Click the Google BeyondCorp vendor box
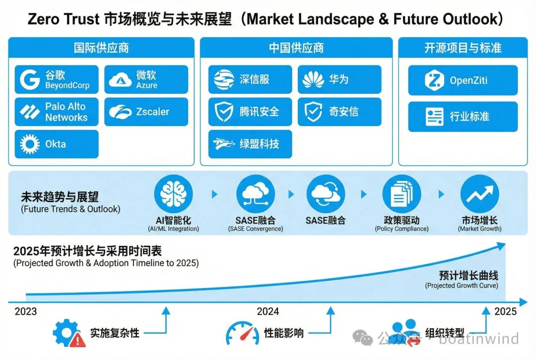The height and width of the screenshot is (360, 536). (56, 79)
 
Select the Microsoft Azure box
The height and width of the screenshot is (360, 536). (146, 79)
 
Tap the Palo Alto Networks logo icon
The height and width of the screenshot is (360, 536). (30, 112)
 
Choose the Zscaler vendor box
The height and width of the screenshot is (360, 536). (146, 112)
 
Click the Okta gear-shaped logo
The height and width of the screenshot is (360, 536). (30, 144)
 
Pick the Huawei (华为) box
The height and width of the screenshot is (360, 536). (339, 79)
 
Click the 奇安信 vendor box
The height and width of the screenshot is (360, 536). (339, 112)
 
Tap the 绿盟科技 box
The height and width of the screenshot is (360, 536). (250, 144)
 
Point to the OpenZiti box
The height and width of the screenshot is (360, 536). (463, 80)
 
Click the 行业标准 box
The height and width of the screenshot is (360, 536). (463, 117)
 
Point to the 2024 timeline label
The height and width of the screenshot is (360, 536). (268, 312)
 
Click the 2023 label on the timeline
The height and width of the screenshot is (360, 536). (26, 312)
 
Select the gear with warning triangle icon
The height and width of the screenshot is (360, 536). (69, 333)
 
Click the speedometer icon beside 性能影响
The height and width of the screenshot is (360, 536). (242, 333)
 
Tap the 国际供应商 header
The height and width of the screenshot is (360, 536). (101, 48)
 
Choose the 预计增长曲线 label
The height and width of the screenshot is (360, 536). (469, 276)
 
